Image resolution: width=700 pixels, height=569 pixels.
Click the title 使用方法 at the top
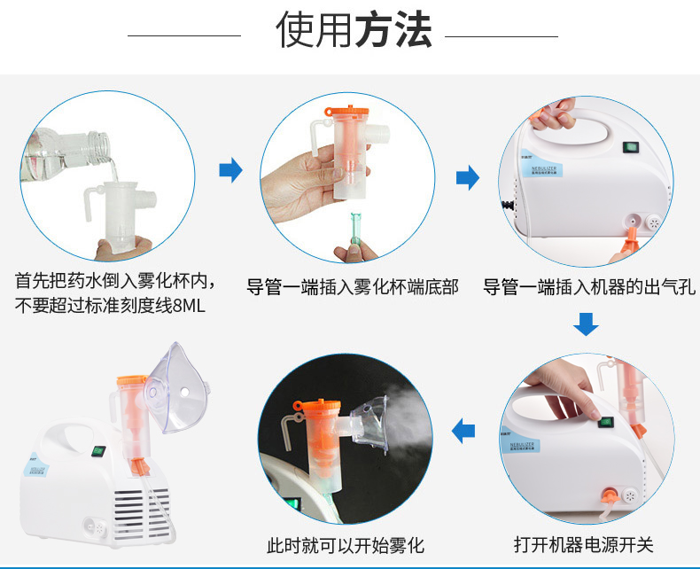(x=354, y=29)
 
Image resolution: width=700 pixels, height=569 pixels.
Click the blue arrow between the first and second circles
(x=230, y=170)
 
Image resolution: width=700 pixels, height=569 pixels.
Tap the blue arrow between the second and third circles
(x=468, y=177)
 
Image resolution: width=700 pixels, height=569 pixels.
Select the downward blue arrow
(x=586, y=323)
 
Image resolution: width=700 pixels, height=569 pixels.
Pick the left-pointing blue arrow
(x=463, y=432)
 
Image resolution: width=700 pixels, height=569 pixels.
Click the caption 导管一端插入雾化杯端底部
(x=353, y=287)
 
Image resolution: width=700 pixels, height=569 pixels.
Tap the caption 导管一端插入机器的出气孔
(x=589, y=287)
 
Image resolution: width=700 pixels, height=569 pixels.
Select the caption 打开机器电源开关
(x=584, y=544)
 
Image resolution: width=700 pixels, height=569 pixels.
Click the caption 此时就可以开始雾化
(x=345, y=545)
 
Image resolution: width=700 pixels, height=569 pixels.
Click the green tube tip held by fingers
(x=355, y=229)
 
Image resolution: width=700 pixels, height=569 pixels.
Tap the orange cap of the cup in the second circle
(x=346, y=111)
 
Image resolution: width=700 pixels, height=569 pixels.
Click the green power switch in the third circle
(x=631, y=147)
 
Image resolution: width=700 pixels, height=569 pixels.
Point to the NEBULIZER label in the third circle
(x=544, y=169)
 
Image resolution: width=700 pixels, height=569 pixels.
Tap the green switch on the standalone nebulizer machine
(x=98, y=451)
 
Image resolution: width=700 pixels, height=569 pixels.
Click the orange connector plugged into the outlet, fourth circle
(x=609, y=495)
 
